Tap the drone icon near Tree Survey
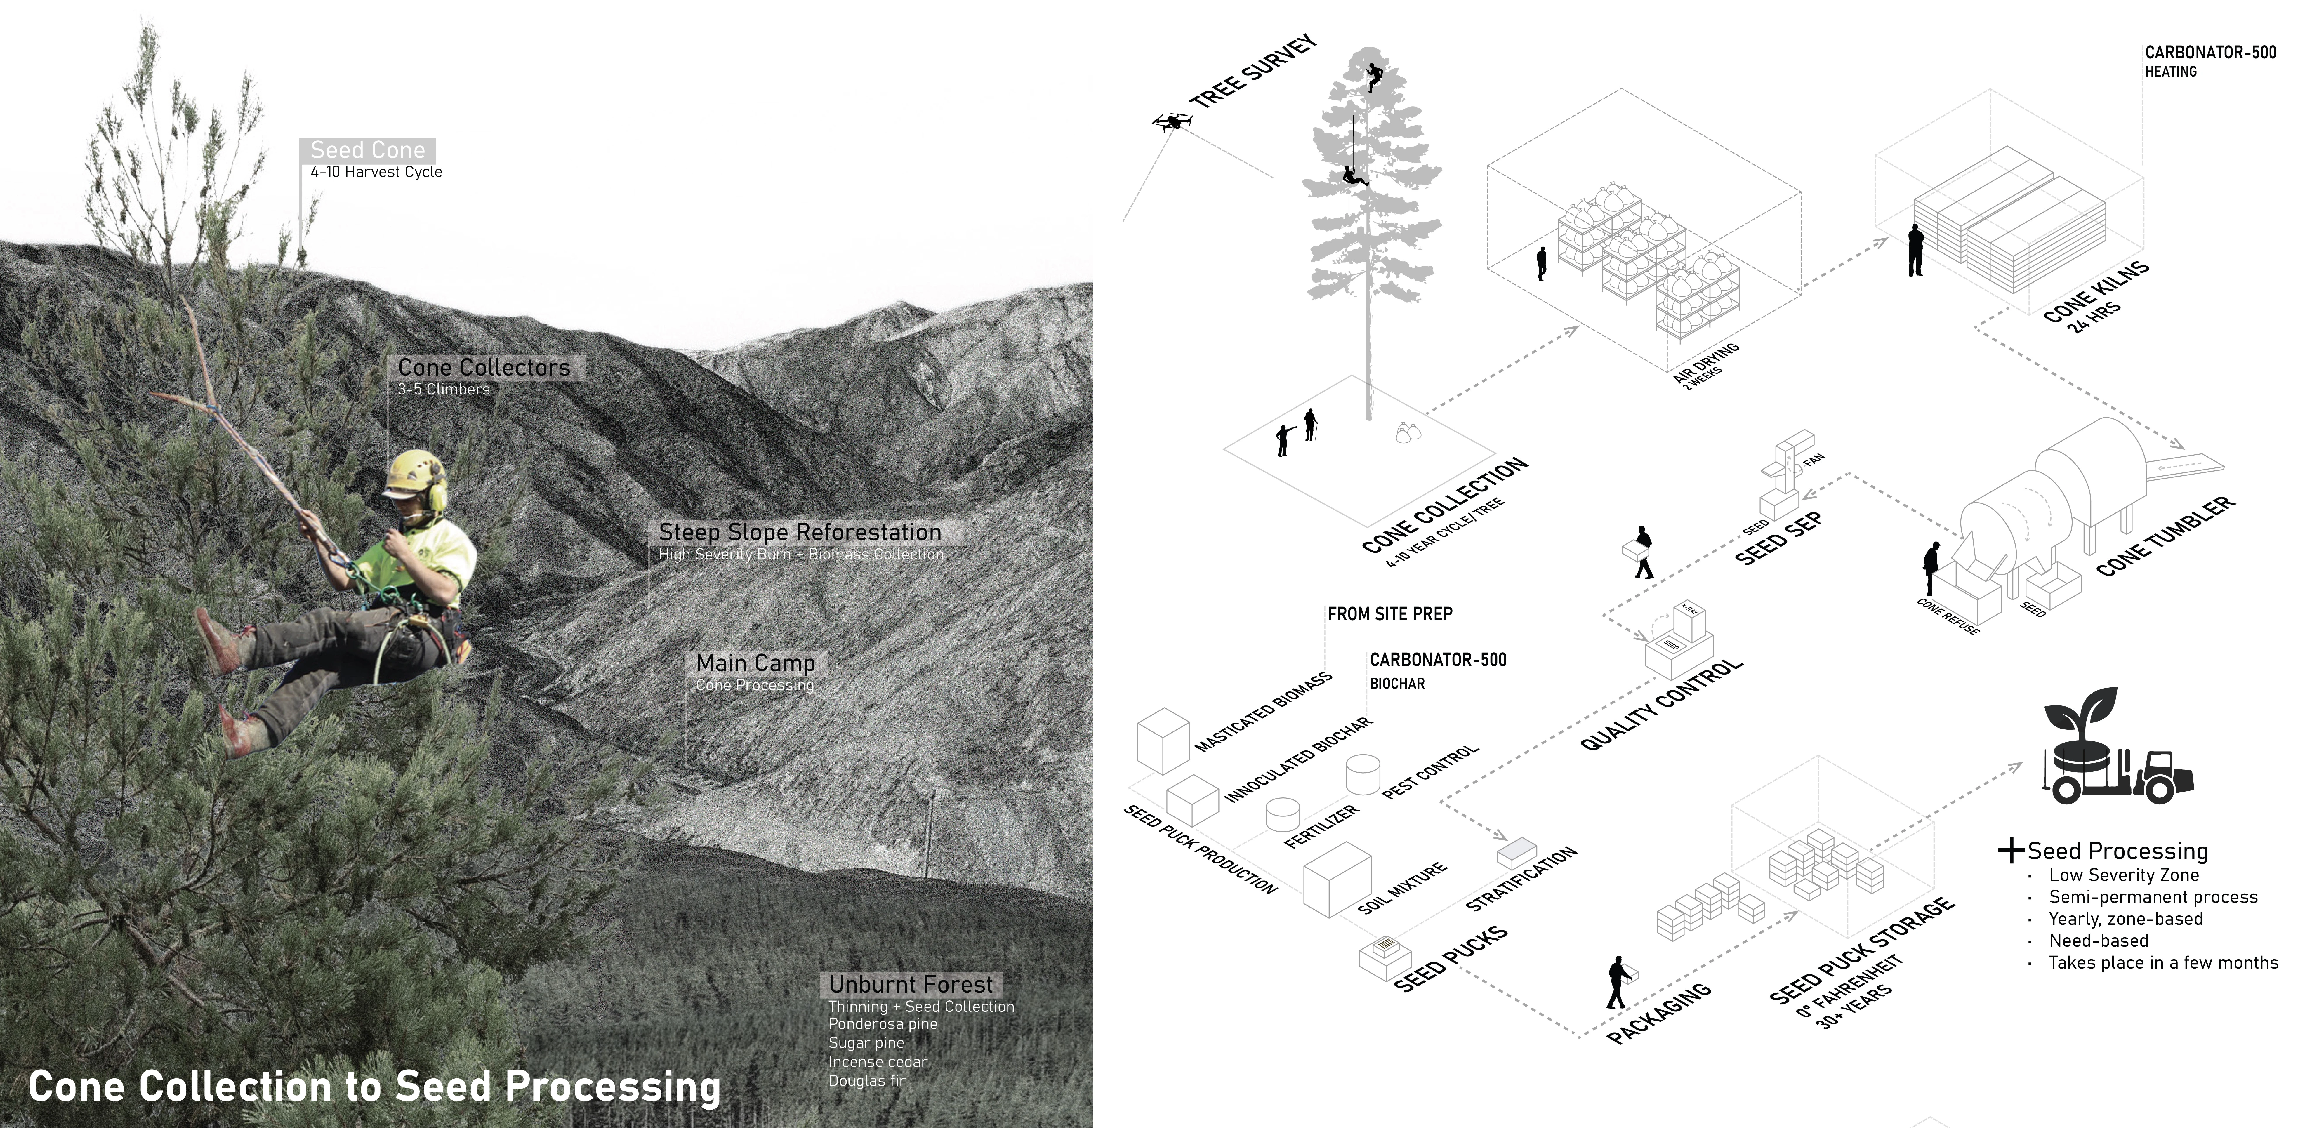(x=1171, y=122)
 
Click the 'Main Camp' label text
(x=756, y=663)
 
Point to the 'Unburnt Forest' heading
(x=911, y=984)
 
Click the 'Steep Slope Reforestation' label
(x=800, y=532)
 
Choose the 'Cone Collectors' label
(x=484, y=368)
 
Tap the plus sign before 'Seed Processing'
(x=2011, y=851)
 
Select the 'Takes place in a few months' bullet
(x=2163, y=963)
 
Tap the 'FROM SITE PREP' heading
(x=1389, y=614)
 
